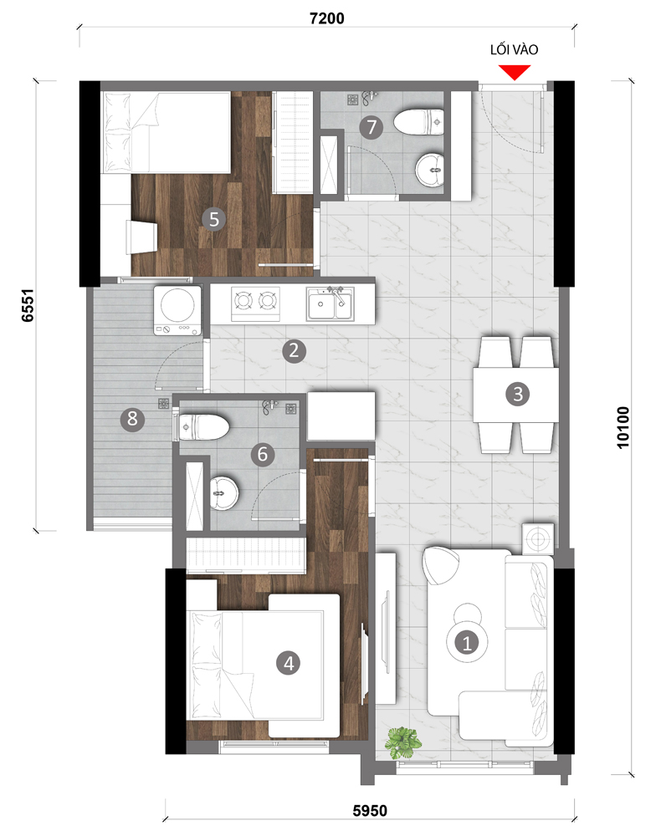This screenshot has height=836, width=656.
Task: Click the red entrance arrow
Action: pyautogui.click(x=515, y=72)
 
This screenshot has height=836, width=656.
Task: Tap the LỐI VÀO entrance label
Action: pyautogui.click(x=514, y=49)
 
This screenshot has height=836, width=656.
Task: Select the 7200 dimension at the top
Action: pyautogui.click(x=327, y=18)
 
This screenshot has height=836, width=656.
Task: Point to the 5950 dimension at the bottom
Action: pyautogui.click(x=370, y=811)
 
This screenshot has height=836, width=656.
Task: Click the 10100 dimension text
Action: pyautogui.click(x=623, y=427)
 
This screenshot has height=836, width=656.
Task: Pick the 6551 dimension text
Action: pyautogui.click(x=28, y=305)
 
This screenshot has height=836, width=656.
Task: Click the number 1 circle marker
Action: pyautogui.click(x=467, y=642)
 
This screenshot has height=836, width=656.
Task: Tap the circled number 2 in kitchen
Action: pyautogui.click(x=294, y=351)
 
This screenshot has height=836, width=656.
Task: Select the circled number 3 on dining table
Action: pyautogui.click(x=517, y=394)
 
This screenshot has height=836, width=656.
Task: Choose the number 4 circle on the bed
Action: pyautogui.click(x=288, y=663)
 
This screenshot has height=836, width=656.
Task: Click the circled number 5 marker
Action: pyautogui.click(x=214, y=219)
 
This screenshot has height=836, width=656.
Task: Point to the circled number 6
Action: pyautogui.click(x=263, y=454)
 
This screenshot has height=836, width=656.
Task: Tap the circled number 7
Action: pyautogui.click(x=372, y=127)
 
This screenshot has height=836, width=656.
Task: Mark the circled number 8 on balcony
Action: pyautogui.click(x=132, y=419)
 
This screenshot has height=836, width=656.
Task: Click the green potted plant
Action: pyautogui.click(x=403, y=742)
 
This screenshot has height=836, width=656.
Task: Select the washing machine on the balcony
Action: pyautogui.click(x=177, y=310)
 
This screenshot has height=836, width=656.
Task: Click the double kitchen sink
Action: pyautogui.click(x=330, y=304)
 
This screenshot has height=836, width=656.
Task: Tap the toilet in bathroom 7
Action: pyautogui.click(x=419, y=122)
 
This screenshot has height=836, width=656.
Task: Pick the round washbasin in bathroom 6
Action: pyautogui.click(x=223, y=493)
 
